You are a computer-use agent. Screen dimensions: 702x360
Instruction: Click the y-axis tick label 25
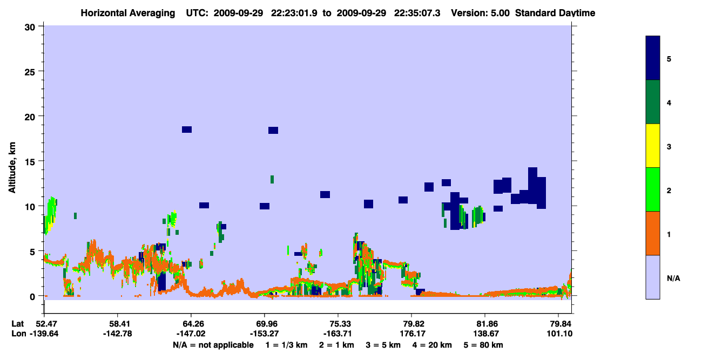[x=30, y=72]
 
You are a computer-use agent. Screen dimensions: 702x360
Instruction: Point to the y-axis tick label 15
[x=30, y=162]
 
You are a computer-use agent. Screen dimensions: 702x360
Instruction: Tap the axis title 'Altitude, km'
[x=12, y=168]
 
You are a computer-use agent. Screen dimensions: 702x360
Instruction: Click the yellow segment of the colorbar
[x=652, y=146]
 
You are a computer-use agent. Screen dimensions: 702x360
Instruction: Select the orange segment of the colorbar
[x=652, y=233]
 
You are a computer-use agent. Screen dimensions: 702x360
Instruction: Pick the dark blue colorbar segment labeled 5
[x=652, y=58]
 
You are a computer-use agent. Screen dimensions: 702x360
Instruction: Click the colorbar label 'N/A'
[x=673, y=278]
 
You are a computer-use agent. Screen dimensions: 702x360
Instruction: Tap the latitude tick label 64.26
[x=191, y=324]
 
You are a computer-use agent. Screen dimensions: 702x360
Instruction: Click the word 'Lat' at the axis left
[x=17, y=324]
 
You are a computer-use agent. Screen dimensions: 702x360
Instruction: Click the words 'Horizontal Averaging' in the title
[x=128, y=13]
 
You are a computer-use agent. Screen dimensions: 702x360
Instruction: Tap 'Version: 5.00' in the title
[x=480, y=13]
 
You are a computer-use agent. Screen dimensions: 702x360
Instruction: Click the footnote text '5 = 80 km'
[x=483, y=345]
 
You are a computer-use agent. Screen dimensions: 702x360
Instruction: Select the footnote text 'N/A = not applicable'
[x=213, y=345]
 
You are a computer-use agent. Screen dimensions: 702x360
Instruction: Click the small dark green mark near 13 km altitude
[x=272, y=180]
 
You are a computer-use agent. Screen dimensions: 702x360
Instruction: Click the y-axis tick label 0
[x=32, y=297]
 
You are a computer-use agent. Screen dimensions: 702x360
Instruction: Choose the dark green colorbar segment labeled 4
[x=652, y=102]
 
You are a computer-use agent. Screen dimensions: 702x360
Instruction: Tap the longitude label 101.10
[x=559, y=334]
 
